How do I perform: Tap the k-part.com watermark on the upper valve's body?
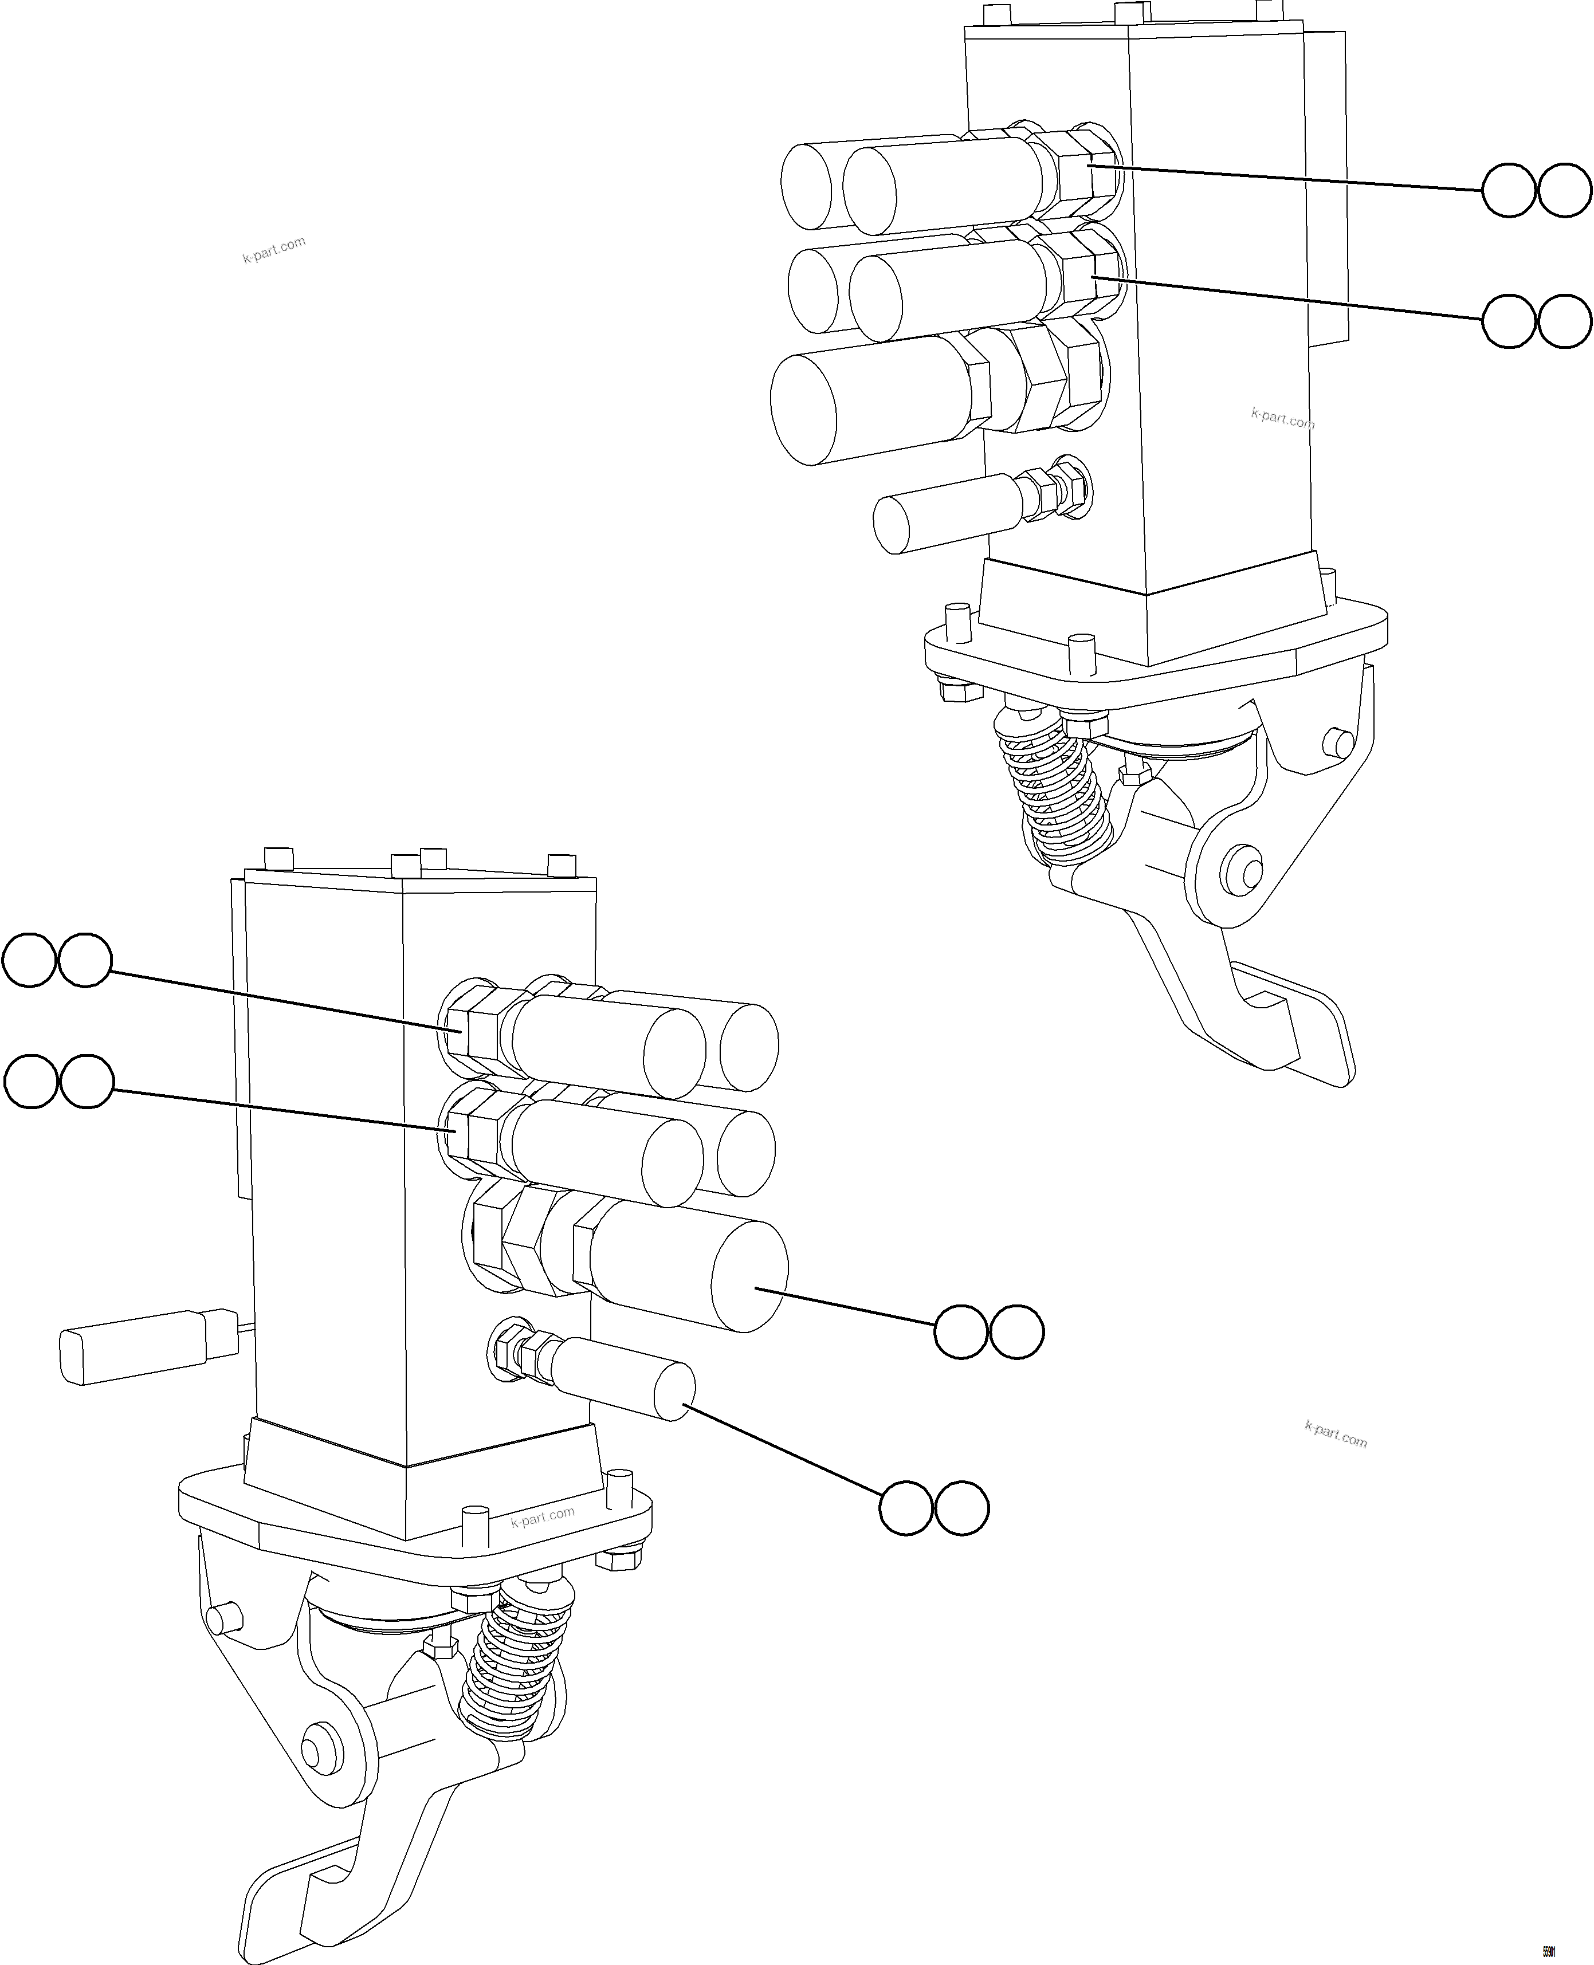(x=1282, y=419)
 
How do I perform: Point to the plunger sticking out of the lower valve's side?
(x=147, y=1345)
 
